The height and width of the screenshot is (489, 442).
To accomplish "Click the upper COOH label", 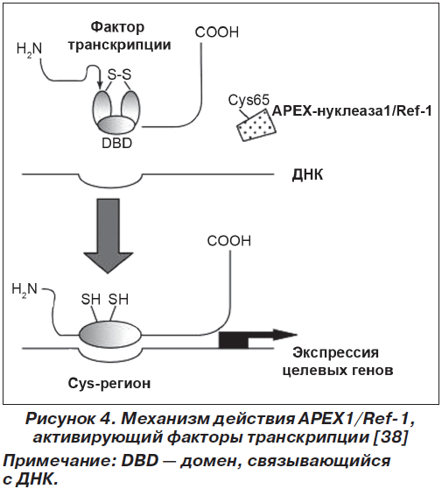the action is [x=217, y=32].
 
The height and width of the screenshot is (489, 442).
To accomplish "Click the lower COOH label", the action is [x=229, y=241].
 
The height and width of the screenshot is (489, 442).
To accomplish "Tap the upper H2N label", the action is [x=29, y=49].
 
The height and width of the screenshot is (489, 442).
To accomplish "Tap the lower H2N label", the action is [x=25, y=289].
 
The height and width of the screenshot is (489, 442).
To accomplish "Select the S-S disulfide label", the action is [x=119, y=74].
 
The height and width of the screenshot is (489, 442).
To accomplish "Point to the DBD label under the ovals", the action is [x=117, y=143].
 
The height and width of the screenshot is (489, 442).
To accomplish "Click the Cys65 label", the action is [x=249, y=101].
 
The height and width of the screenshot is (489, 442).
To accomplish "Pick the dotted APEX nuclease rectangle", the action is [x=256, y=125].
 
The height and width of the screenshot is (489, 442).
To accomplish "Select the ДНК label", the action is [x=307, y=175].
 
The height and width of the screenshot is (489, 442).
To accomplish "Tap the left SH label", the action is [x=91, y=300].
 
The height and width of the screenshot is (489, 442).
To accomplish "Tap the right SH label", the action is [x=118, y=300].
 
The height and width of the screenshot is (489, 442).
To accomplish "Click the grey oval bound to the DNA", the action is [x=110, y=335].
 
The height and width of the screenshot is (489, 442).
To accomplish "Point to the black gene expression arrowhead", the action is [x=284, y=335].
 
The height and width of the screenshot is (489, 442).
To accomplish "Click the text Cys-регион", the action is [x=109, y=383].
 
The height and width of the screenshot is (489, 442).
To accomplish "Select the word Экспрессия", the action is [x=335, y=353].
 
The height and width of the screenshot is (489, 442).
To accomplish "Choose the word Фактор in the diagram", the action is [x=118, y=27].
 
